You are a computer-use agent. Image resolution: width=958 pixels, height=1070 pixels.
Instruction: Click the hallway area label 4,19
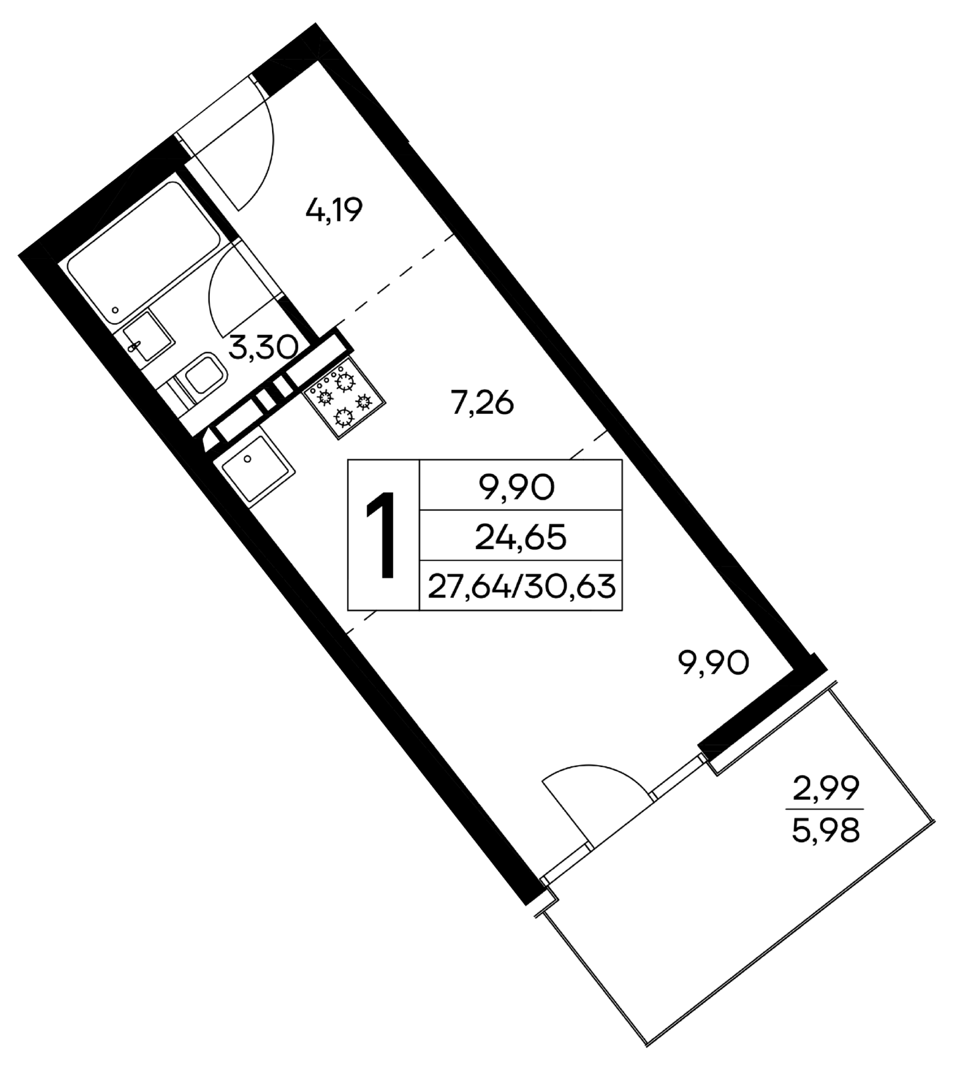[334, 212]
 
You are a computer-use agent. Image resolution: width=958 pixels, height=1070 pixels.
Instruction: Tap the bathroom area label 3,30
[263, 348]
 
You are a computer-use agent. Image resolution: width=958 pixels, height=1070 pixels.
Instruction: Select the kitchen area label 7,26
[482, 404]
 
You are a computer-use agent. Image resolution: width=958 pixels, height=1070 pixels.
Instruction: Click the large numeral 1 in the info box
[384, 535]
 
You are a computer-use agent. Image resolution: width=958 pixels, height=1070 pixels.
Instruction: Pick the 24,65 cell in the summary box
[521, 537]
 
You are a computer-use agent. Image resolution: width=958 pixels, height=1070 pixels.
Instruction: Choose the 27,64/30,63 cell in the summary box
[521, 586]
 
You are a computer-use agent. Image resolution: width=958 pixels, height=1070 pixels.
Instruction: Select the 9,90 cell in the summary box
[521, 489]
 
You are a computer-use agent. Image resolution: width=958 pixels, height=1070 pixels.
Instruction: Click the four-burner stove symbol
[345, 399]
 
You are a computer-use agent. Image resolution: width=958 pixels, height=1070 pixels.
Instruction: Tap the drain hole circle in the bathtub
[116, 311]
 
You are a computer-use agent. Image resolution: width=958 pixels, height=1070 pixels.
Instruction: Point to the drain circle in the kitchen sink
[248, 459]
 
